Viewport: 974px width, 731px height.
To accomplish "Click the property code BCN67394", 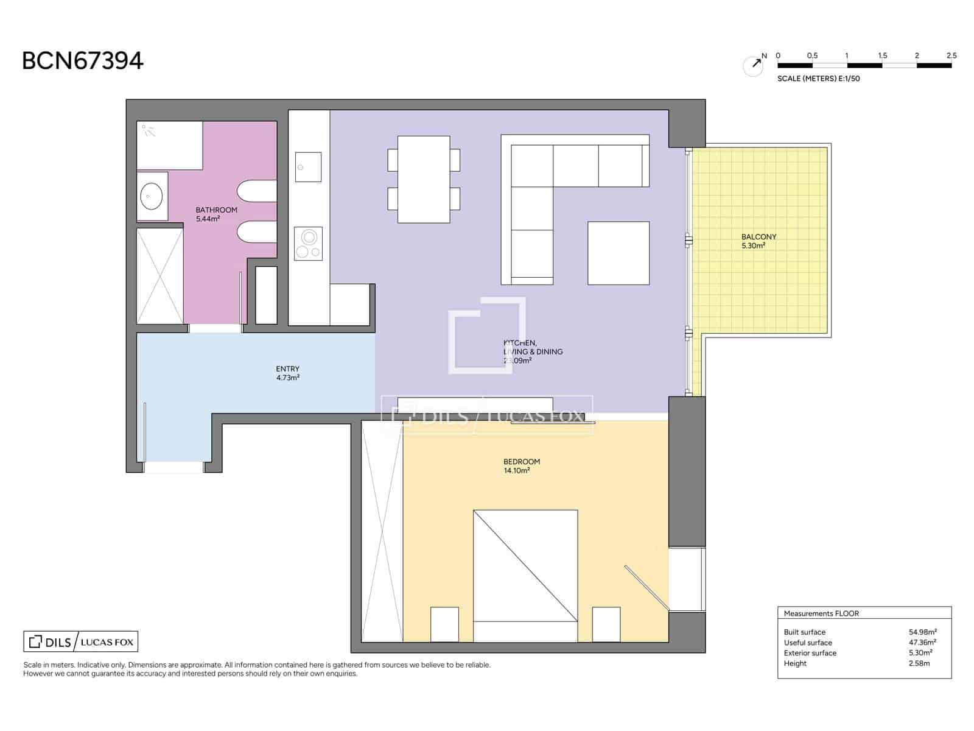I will [83, 61].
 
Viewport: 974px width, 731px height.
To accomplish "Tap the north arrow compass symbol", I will [754, 65].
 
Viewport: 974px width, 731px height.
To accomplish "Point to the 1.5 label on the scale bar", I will [882, 55].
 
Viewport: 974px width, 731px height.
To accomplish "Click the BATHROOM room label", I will [216, 210].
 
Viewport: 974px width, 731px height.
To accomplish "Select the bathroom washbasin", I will [151, 196].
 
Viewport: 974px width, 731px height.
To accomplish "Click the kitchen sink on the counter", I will [308, 167].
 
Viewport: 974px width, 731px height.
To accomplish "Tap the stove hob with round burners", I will [308, 244].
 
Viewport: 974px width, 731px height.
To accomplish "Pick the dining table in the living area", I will [424, 179].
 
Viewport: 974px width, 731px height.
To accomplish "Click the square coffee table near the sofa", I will [618, 253].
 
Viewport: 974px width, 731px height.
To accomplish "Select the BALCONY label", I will [759, 236].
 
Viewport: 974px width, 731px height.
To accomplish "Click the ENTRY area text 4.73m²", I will [287, 378].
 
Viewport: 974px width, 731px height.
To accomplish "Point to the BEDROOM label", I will [521, 461].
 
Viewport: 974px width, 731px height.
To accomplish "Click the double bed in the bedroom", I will [525, 576].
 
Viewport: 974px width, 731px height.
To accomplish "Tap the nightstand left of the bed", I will [444, 624].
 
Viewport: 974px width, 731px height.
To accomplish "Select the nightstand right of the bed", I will [606, 624].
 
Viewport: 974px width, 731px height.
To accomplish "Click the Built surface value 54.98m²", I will [922, 632].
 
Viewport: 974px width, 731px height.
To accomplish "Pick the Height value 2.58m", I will [919, 663].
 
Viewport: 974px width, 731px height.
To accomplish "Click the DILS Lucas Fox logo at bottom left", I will [81, 641].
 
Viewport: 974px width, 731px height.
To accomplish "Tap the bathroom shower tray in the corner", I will [169, 146].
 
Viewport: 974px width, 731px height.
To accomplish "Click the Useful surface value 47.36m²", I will [922, 642].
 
